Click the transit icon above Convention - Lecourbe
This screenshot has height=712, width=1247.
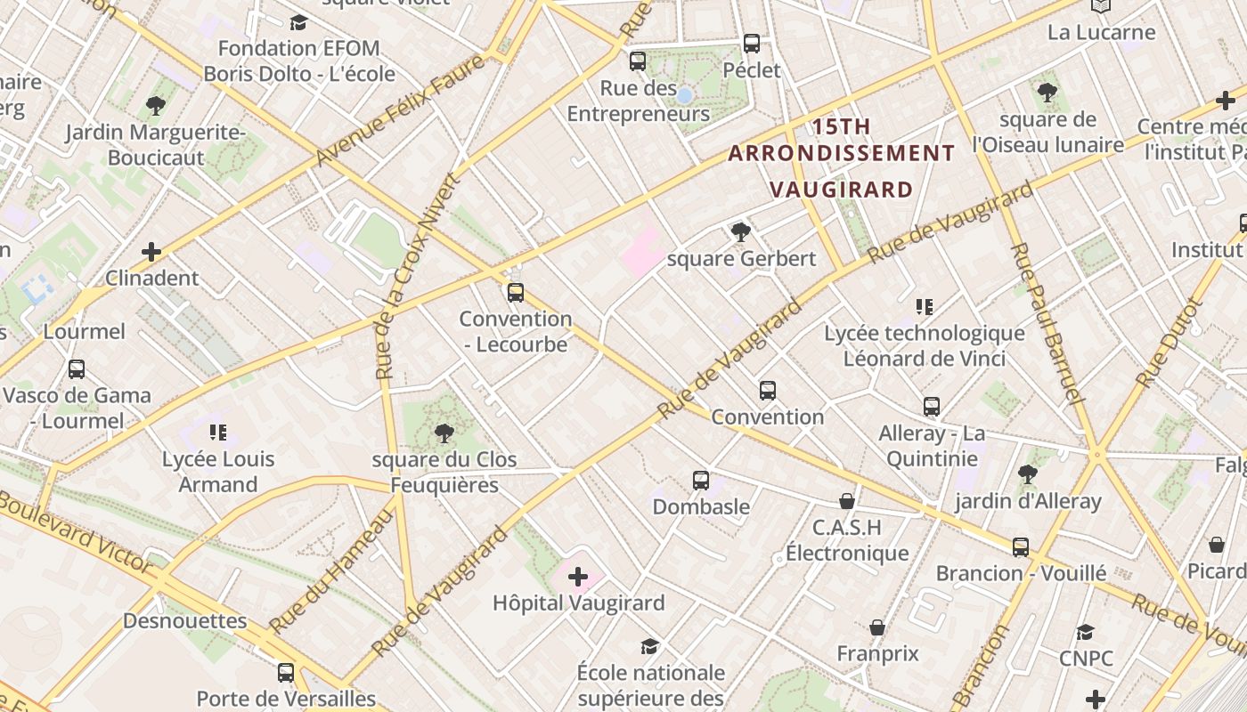515,292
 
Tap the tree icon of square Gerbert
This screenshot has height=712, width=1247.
740,233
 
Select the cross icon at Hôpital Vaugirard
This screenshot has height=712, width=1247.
578,577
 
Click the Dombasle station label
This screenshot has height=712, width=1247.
701,506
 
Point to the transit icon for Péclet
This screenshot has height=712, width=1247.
752,43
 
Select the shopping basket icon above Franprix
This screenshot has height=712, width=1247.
877,627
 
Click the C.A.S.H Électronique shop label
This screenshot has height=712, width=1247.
846,540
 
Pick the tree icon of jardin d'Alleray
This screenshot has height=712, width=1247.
1028,474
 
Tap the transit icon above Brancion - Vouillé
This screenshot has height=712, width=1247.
1021,546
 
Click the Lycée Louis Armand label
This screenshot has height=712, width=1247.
218,472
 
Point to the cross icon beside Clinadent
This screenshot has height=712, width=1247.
151,252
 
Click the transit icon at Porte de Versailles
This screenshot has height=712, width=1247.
286,673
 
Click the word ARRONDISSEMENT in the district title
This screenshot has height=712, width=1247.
841,153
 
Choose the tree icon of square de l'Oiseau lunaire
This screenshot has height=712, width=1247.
1047,92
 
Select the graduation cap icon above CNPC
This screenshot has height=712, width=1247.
1085,632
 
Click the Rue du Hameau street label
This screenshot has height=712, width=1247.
332,570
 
